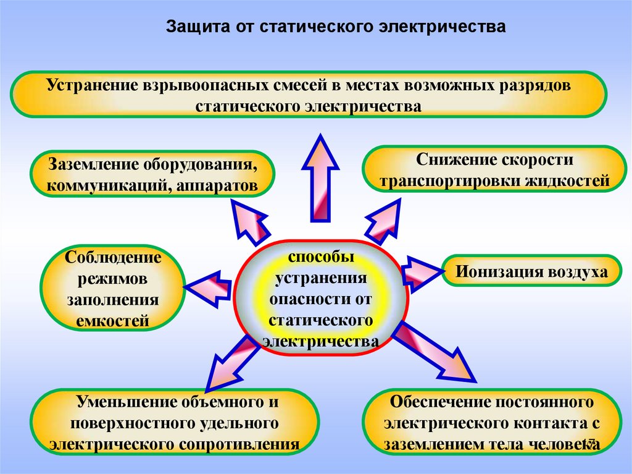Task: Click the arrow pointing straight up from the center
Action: [321, 179]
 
